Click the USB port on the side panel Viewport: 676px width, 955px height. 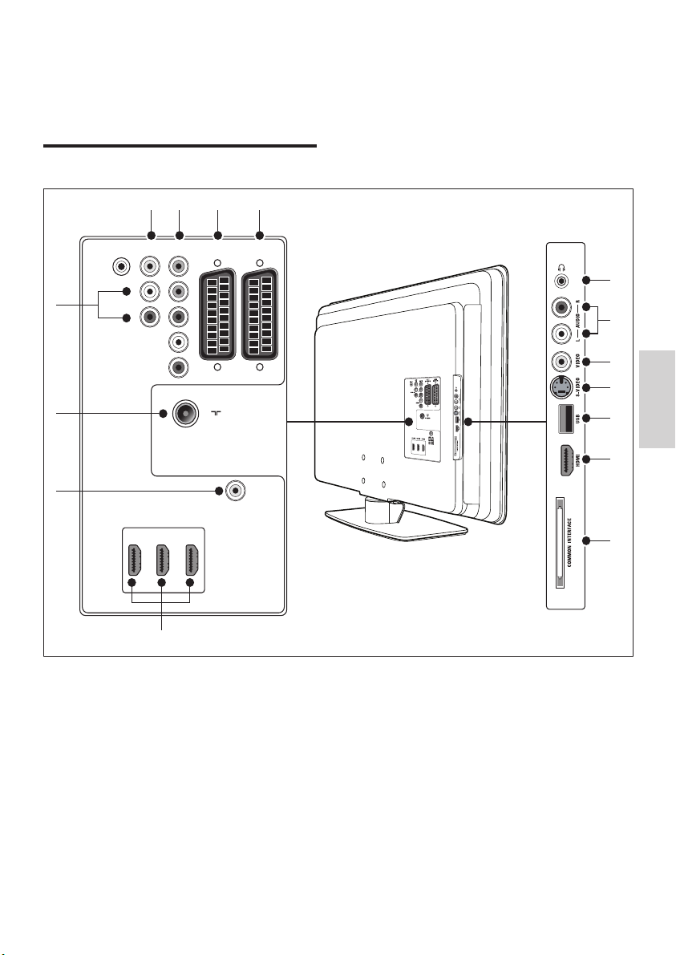[561, 418]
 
